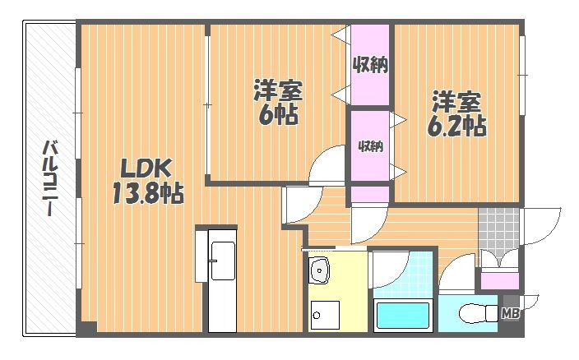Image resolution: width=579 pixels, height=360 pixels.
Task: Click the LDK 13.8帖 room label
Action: click(147, 181)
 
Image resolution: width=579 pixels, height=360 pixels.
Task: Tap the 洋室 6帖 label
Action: click(278, 102)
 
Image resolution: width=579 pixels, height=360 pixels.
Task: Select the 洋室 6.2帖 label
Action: click(456, 113)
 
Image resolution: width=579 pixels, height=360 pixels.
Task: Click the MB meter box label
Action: click(511, 313)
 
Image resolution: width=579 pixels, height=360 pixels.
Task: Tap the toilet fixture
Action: click(479, 313)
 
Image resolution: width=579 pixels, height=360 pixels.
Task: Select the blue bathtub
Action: click(402, 316)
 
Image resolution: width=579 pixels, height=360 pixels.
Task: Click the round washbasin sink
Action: click(319, 270)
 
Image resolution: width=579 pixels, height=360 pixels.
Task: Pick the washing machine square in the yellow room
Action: click(325, 315)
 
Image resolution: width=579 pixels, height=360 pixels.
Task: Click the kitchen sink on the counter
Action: click(223, 261)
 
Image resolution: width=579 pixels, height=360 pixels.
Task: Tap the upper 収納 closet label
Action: click(370, 65)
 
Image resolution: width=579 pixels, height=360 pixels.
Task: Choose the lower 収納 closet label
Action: click(370, 146)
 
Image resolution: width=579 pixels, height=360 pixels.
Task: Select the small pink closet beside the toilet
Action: click(499, 281)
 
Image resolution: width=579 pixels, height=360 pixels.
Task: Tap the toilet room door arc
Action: click(451, 264)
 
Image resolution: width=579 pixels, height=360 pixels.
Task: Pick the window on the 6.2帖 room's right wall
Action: click(522, 76)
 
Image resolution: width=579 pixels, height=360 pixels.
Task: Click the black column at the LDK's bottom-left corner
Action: click(87, 328)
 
